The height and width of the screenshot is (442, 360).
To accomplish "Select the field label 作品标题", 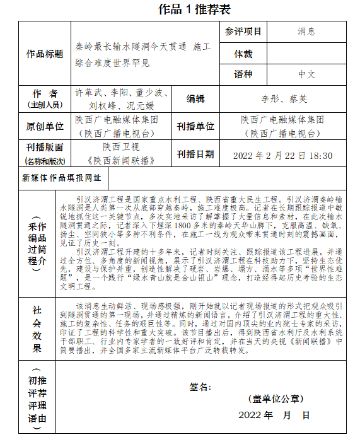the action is tap(45, 54).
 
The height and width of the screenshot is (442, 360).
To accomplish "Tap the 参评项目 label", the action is tap(243, 32).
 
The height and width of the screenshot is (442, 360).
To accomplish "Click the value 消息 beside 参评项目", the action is tap(306, 32).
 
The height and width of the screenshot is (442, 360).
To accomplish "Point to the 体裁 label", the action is tap(243, 54).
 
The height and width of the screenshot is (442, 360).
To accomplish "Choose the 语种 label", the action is tap(243, 74).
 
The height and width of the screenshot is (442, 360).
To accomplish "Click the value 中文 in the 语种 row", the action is tap(306, 74).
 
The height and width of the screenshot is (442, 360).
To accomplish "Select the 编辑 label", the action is tap(195, 98).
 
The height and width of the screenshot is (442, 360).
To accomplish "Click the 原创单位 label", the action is tap(45, 126).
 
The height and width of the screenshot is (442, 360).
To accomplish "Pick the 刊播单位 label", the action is tap(195, 126).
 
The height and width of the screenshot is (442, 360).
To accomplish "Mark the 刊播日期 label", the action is tap(195, 154).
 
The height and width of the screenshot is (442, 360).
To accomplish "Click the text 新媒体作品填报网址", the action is tap(61, 178).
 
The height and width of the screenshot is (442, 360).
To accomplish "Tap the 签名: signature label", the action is tap(200, 387).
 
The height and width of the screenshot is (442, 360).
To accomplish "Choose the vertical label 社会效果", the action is tap(37, 329).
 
